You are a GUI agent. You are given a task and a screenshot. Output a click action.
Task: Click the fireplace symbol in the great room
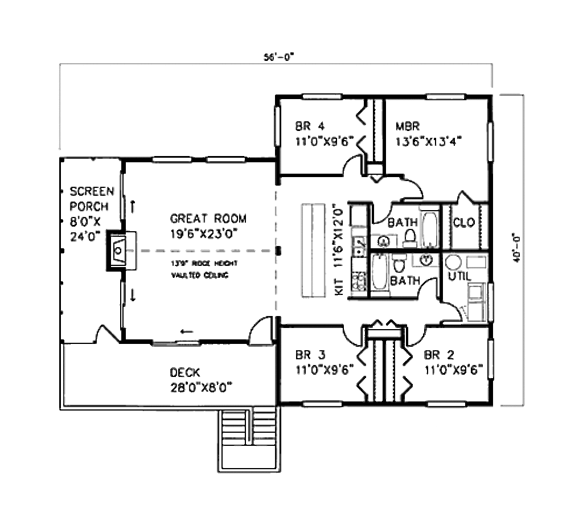pos(118,250)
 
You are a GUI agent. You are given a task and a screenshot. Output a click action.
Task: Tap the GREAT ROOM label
pos(208,219)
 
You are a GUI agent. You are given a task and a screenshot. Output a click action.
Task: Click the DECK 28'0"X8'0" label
pos(202,380)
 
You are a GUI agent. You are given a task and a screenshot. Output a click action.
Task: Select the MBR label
pos(408,126)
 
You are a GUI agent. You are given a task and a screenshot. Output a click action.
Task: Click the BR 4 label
pos(310,126)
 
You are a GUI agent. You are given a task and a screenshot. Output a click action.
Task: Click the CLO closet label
pos(464,223)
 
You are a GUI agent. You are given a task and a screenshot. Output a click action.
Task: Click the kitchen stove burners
pos(359,281)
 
